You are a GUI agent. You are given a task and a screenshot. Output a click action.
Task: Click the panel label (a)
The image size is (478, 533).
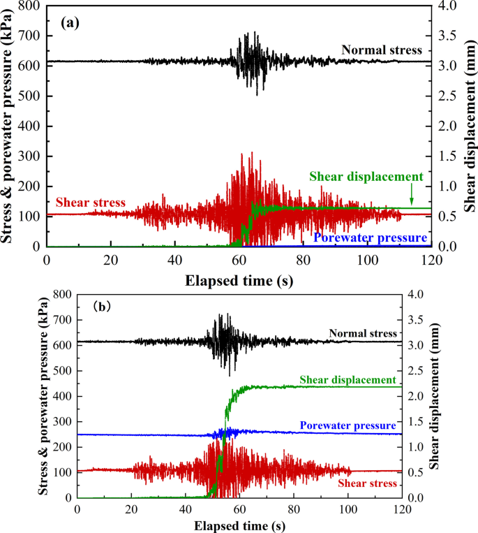point(70,22)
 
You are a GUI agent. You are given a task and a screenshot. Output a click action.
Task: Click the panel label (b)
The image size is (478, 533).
point(106,306)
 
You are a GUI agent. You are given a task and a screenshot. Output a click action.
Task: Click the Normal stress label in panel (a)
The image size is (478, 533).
point(382,50)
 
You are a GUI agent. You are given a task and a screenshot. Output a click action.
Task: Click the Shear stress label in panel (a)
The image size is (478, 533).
point(91,203)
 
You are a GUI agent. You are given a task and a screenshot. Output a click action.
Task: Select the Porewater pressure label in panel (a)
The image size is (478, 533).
point(371,238)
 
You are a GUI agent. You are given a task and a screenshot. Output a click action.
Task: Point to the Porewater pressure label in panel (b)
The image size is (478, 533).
point(348,425)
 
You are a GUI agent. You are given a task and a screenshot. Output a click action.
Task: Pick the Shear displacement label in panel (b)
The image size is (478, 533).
point(348,379)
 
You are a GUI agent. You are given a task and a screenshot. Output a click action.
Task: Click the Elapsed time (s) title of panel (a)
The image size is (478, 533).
point(239,282)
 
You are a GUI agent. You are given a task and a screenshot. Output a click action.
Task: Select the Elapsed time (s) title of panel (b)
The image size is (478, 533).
point(239,524)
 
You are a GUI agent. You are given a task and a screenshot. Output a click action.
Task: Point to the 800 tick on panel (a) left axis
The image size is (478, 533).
point(29,6)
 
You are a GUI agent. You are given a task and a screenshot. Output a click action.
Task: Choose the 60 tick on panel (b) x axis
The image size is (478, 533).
point(239,509)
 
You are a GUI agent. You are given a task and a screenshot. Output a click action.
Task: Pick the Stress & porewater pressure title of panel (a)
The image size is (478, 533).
point(10,126)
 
